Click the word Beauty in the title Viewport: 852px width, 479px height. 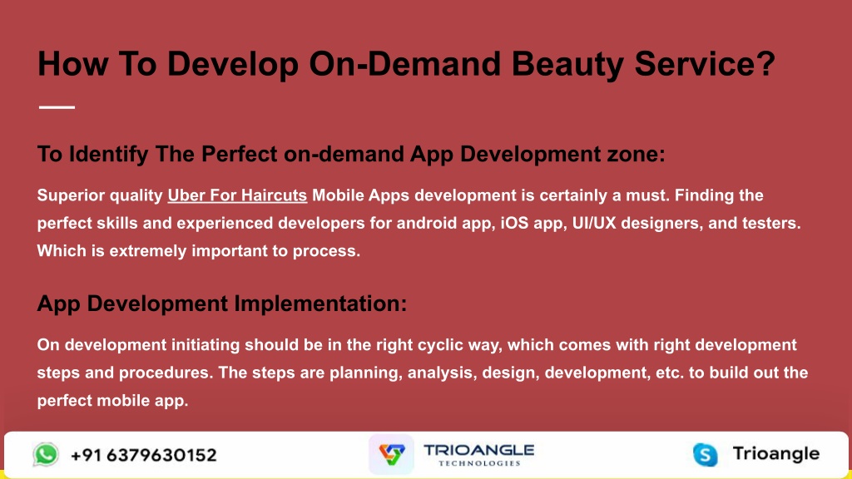[567, 65]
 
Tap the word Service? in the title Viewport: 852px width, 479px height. [705, 63]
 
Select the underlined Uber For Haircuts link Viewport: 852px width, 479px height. [237, 195]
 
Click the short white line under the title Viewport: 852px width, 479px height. [57, 107]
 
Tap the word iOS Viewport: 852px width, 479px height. [514, 223]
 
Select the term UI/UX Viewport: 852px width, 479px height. [594, 223]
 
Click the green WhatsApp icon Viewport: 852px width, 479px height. [46, 454]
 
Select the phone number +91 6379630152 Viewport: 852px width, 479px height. [143, 455]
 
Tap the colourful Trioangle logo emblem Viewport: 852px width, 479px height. [391, 455]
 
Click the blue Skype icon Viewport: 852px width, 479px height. [706, 455]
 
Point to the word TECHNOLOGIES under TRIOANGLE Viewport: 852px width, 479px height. [480, 463]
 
